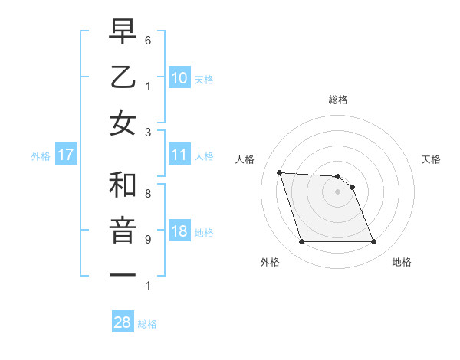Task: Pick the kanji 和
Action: click(x=123, y=185)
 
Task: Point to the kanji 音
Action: click(x=123, y=231)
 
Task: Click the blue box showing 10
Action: click(x=179, y=77)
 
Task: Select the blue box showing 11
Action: click(x=179, y=155)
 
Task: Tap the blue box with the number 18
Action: click(x=179, y=232)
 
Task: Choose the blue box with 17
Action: click(x=66, y=155)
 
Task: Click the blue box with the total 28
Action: click(x=123, y=322)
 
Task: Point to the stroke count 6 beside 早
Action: click(x=148, y=39)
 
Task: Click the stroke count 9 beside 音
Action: click(x=148, y=240)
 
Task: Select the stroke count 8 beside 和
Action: click(x=148, y=194)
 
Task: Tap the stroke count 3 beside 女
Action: click(x=148, y=132)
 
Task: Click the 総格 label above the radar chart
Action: click(x=337, y=100)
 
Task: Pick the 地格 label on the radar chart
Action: click(x=402, y=262)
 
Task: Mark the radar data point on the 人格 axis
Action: click(x=279, y=173)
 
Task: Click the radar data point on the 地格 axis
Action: click(x=373, y=242)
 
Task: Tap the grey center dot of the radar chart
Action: click(x=337, y=191)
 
